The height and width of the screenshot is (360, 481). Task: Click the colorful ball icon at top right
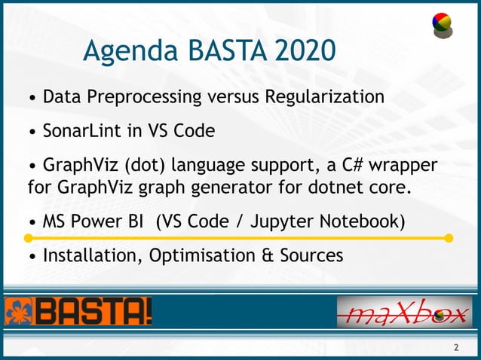[442, 26]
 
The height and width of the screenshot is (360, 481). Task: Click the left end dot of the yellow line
[28, 238]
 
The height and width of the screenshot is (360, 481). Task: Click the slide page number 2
[455, 347]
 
